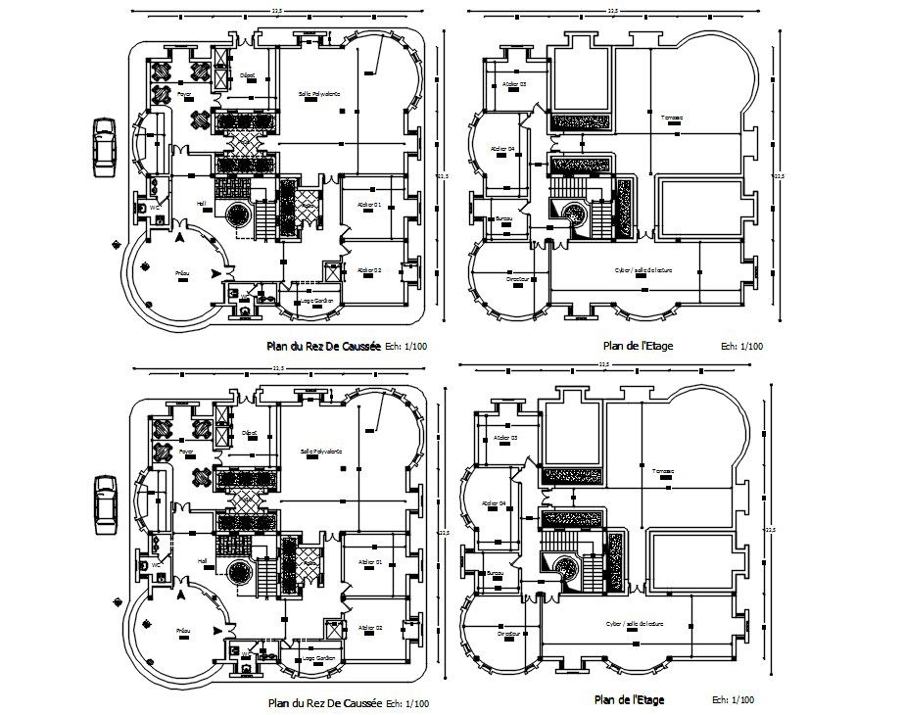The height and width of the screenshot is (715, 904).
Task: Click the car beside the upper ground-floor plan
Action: coord(103,148)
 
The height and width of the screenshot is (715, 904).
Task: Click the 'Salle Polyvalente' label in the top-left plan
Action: coord(319,94)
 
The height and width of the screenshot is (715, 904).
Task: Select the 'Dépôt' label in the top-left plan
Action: coord(249,74)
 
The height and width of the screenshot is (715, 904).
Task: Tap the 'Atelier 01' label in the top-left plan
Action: coord(369,204)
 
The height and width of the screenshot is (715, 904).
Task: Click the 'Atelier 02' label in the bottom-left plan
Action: coord(369,627)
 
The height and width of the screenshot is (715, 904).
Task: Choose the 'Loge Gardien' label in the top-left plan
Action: coord(318,300)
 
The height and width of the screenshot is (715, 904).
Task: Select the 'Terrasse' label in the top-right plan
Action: coord(672,118)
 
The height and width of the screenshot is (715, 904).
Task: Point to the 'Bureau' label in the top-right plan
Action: coord(504,217)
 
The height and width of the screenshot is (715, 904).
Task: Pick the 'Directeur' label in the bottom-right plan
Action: coord(506,635)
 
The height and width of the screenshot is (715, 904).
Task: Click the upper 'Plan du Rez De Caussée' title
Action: coord(324,346)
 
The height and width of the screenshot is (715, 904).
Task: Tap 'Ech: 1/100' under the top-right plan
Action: coord(741,346)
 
